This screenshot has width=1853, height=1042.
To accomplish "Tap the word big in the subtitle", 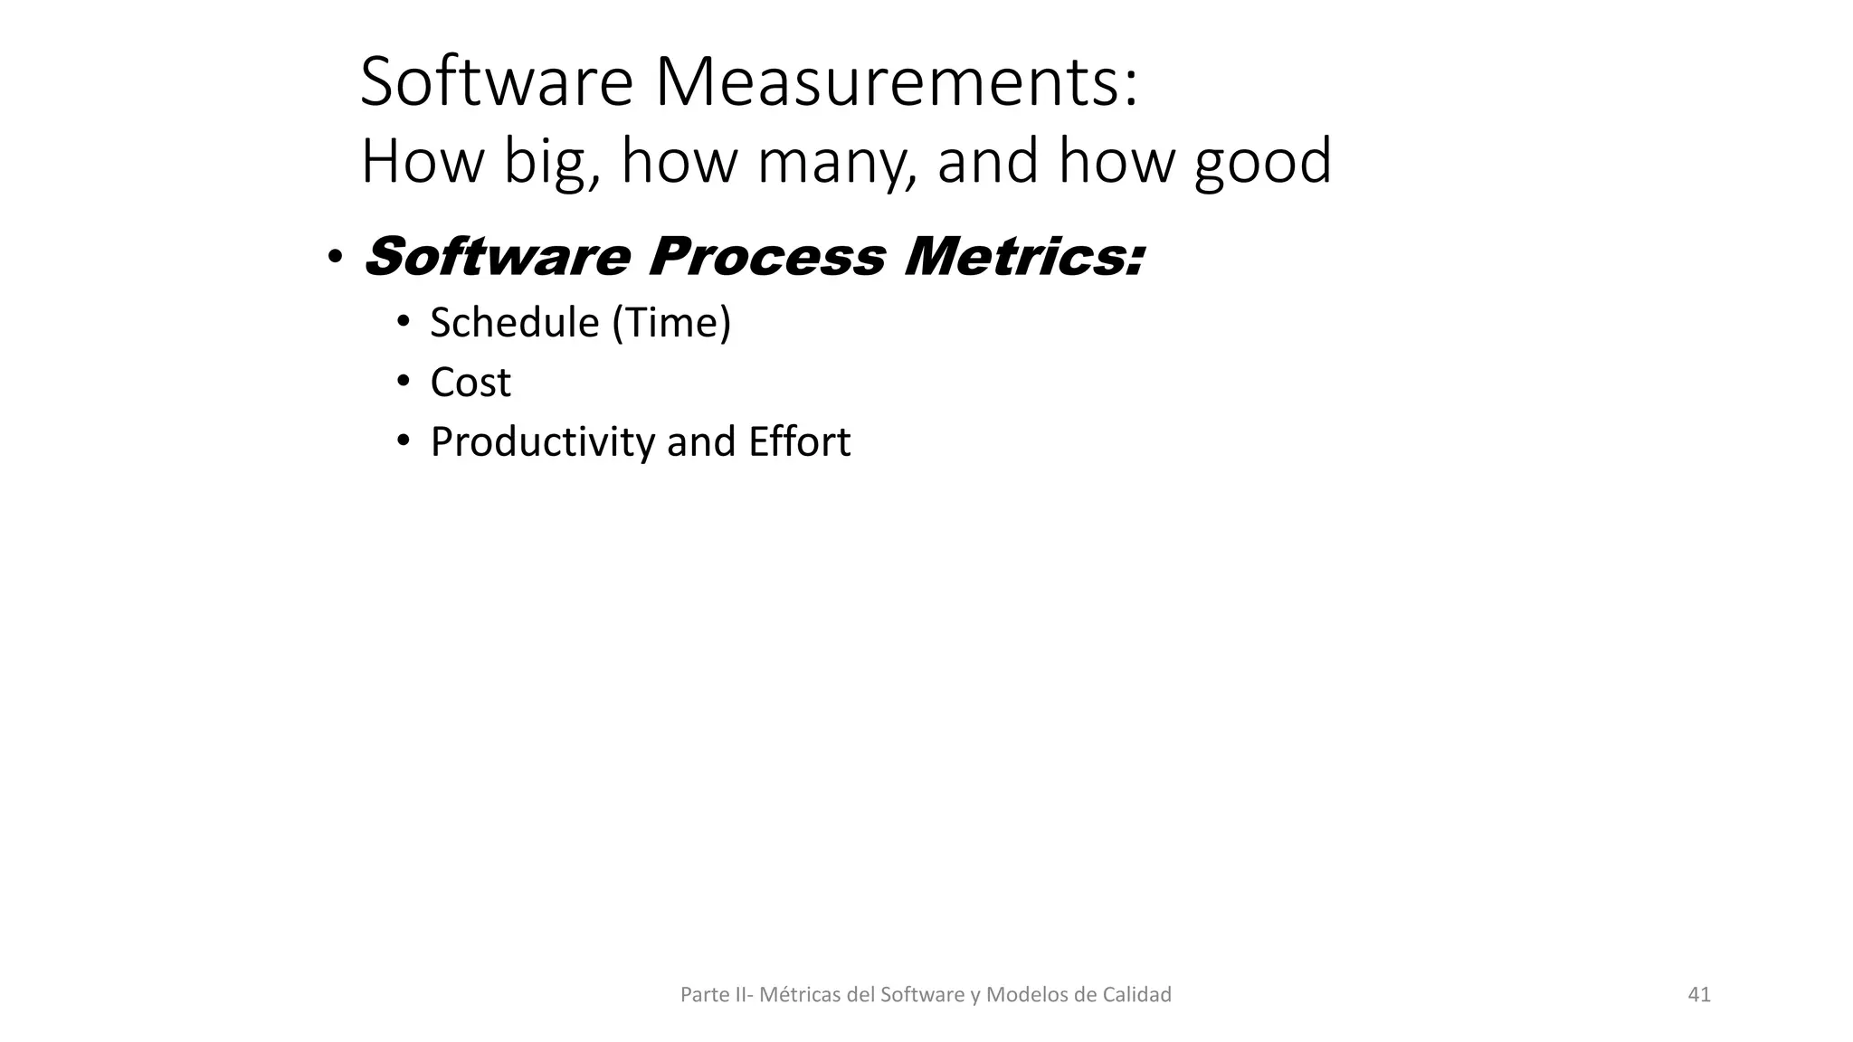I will pyautogui.click(x=551, y=162).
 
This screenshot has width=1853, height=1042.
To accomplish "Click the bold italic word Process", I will pyautogui.click(x=766, y=257).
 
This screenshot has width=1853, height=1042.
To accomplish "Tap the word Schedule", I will pyautogui.click(x=515, y=323).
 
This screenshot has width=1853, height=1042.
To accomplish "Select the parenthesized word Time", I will pyautogui.click(x=671, y=323).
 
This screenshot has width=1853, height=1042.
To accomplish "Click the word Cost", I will pyautogui.click(x=470, y=383).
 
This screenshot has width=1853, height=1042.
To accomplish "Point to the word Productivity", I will pyautogui.click(x=543, y=442).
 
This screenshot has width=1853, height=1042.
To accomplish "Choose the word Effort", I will pyautogui.click(x=799, y=442).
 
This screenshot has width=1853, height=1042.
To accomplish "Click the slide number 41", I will pyautogui.click(x=1699, y=995).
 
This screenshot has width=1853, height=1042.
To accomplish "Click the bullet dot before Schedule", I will pyautogui.click(x=404, y=322).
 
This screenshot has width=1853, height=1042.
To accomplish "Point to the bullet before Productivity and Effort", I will pyautogui.click(x=404, y=441).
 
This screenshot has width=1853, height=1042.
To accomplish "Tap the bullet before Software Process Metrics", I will pyautogui.click(x=335, y=259).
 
